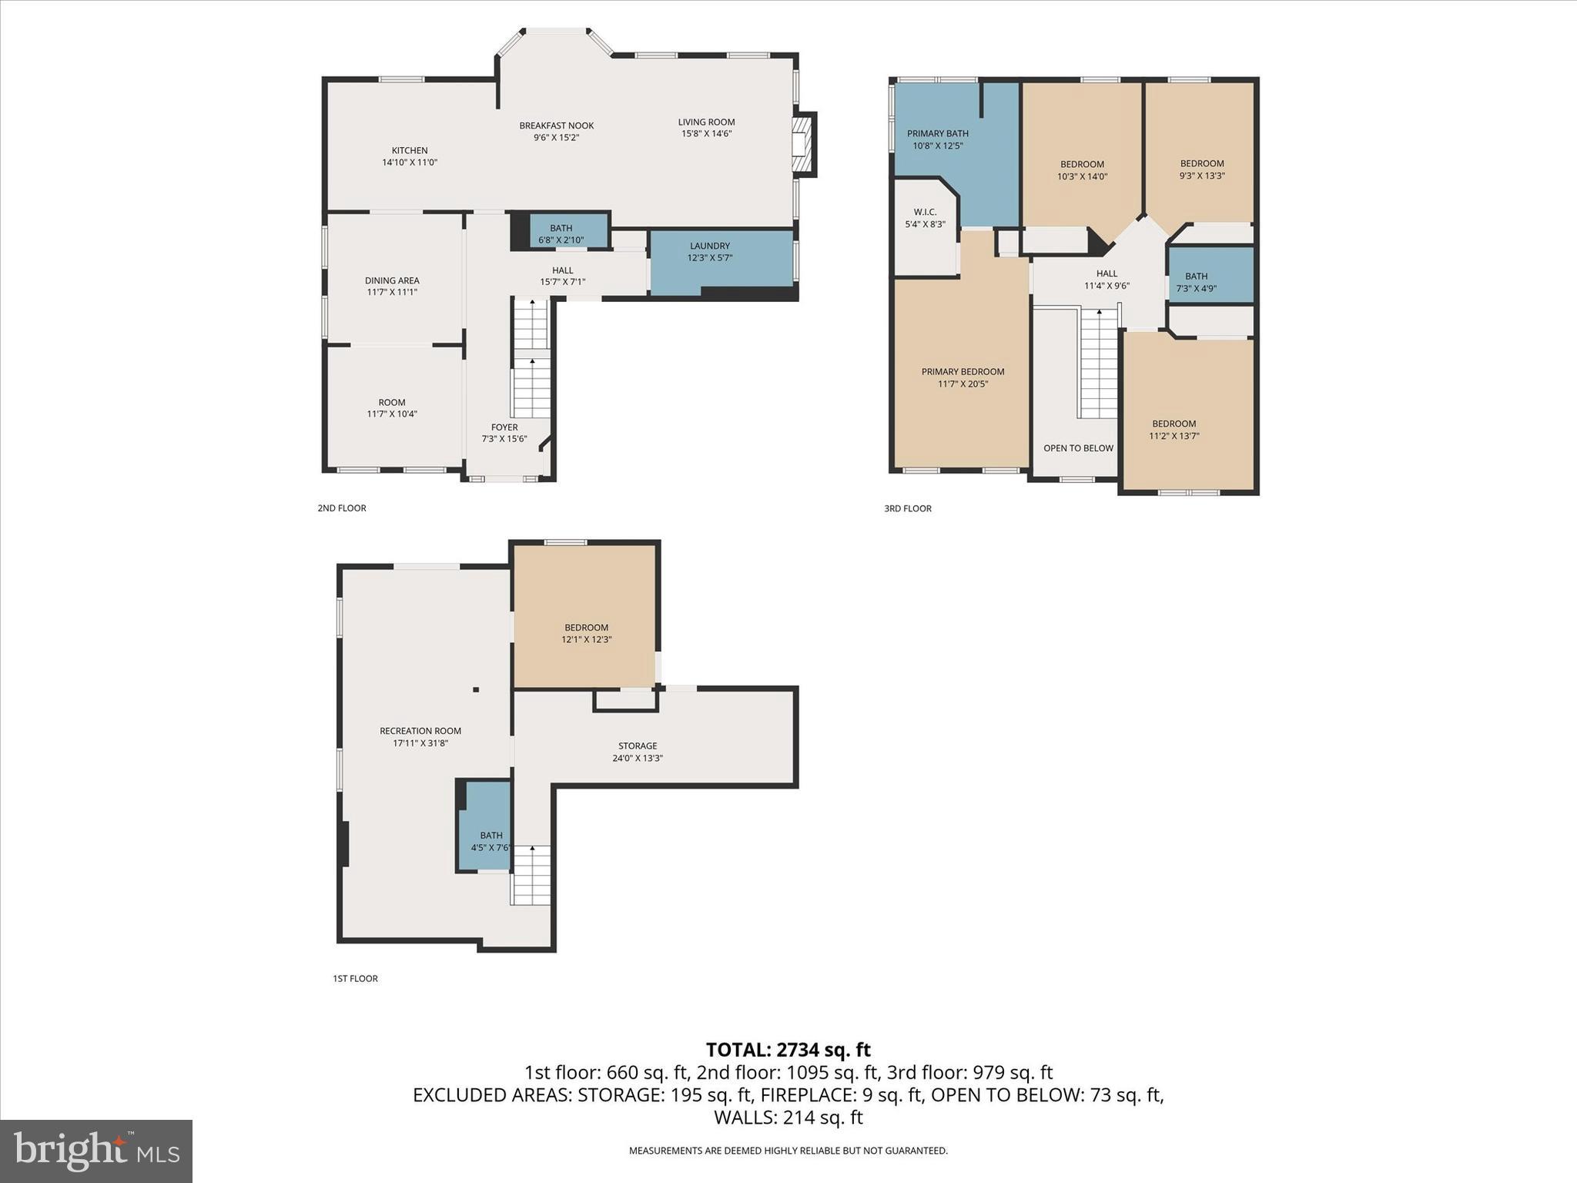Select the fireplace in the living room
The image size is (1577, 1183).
point(804,144)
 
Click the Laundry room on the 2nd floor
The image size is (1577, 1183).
point(710,252)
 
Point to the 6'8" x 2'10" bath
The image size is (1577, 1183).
point(561,233)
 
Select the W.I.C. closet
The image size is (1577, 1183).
point(925,218)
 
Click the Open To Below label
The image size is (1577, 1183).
point(1078,448)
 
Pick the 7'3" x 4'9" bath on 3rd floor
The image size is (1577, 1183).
point(1196,282)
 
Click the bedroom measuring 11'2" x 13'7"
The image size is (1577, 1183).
point(1174,430)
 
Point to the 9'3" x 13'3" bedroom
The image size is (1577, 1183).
point(1201,169)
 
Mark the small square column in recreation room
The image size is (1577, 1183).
point(476,690)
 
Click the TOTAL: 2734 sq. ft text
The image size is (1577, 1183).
point(788,1050)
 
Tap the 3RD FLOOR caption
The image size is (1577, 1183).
point(908,508)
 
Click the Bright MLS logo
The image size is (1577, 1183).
point(96,1151)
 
